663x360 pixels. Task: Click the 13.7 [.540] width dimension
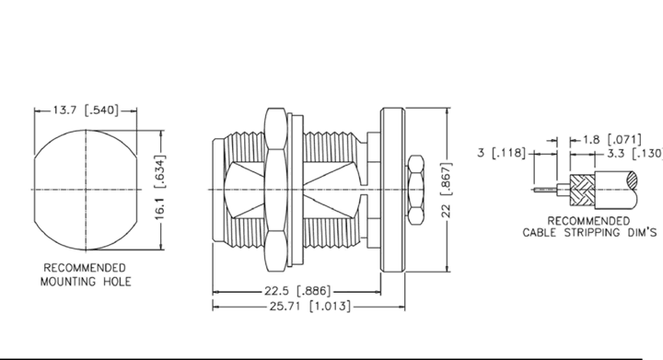point(86,110)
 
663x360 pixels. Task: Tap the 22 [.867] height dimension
point(447,190)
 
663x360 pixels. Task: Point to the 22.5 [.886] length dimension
point(297,291)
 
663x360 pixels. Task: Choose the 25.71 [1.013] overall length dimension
point(310,306)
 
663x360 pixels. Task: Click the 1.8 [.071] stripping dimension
point(612,139)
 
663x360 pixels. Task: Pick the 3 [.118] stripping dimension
point(501,153)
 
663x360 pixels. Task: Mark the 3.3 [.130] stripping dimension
point(635,154)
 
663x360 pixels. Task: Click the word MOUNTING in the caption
point(69,282)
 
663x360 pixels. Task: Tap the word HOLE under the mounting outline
point(117,282)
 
